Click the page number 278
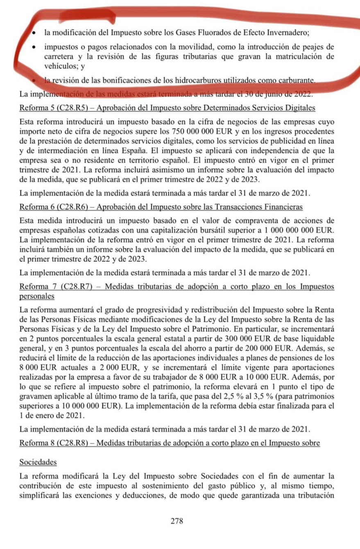click(x=177, y=522)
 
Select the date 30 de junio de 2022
click(x=279, y=94)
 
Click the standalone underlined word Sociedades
click(x=38, y=462)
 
